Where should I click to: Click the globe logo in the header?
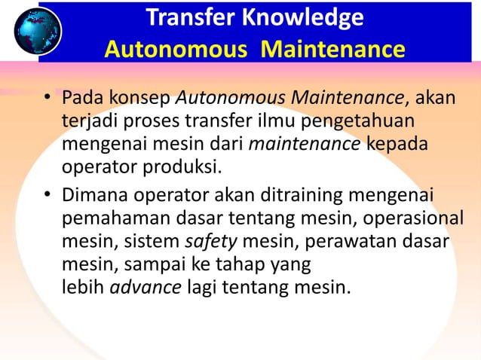pyautogui.click(x=36, y=31)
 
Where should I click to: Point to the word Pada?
pyautogui.click(x=82, y=98)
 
